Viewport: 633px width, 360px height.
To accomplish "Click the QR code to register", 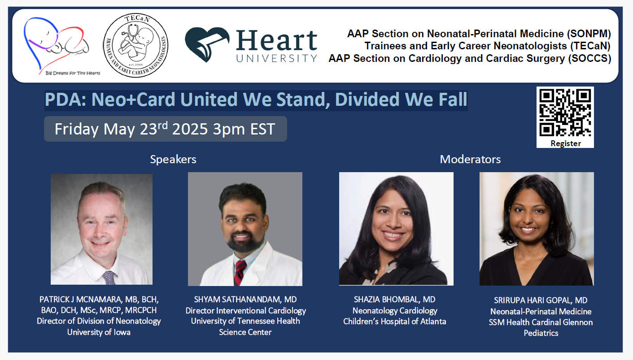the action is click(x=565, y=113).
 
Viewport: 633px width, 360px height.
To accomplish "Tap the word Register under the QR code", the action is click(x=565, y=143).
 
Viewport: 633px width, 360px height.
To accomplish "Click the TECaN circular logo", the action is click(x=135, y=45).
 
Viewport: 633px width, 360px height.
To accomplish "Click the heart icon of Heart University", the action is click(x=207, y=44).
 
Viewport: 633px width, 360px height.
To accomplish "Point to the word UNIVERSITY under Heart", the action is click(x=276, y=58).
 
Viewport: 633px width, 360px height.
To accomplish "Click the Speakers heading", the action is click(x=173, y=159).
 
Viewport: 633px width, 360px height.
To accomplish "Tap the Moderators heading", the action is click(x=470, y=159).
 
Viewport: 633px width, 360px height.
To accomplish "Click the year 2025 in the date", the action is click(x=190, y=129).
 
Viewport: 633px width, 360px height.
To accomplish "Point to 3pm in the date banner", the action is click(x=229, y=130).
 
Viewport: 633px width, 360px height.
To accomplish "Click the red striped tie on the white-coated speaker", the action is click(x=240, y=272).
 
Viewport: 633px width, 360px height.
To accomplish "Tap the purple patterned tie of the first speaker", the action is click(x=109, y=278).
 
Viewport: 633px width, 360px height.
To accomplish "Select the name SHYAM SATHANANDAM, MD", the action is click(x=245, y=299).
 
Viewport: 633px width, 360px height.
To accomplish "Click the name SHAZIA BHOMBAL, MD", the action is click(x=394, y=299).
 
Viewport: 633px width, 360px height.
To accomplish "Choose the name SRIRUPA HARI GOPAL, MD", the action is click(x=541, y=300).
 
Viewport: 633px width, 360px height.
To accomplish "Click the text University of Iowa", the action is click(x=99, y=332).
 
